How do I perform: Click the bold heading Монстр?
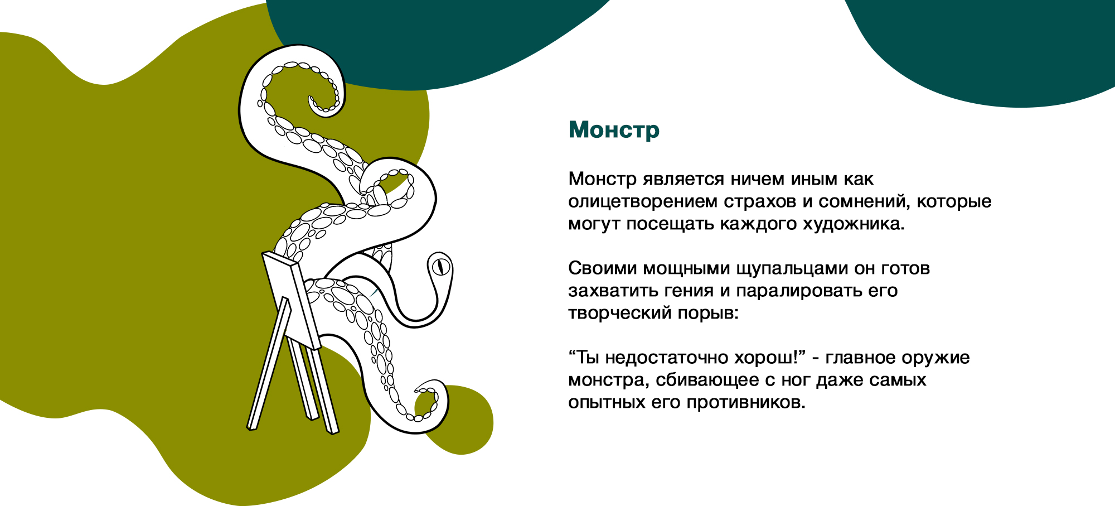[614, 130]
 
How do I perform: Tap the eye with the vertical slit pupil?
[441, 266]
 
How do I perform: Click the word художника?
[853, 224]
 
